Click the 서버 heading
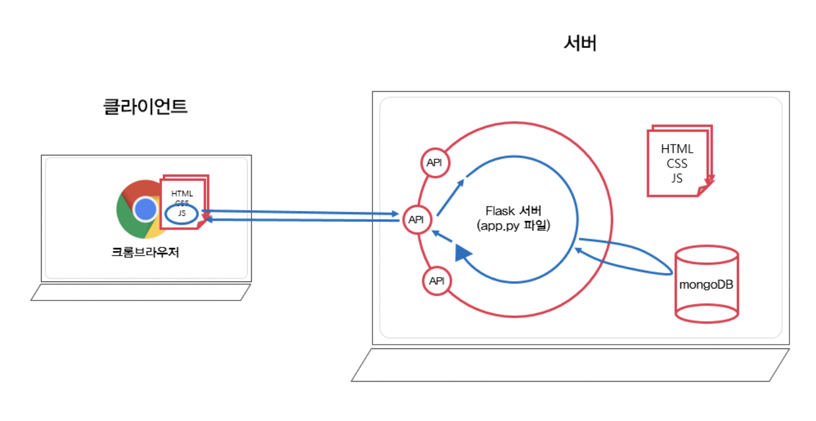[580, 44]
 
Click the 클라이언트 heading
[145, 106]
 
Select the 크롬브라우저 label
[145, 252]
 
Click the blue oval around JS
[182, 214]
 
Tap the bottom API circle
[436, 281]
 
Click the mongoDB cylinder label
[706, 286]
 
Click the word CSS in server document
[677, 164]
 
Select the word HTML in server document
[677, 149]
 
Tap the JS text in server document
[677, 178]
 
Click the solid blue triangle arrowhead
[463, 252]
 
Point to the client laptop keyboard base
[141, 292]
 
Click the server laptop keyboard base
[570, 365]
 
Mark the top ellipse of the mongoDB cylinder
[706, 254]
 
